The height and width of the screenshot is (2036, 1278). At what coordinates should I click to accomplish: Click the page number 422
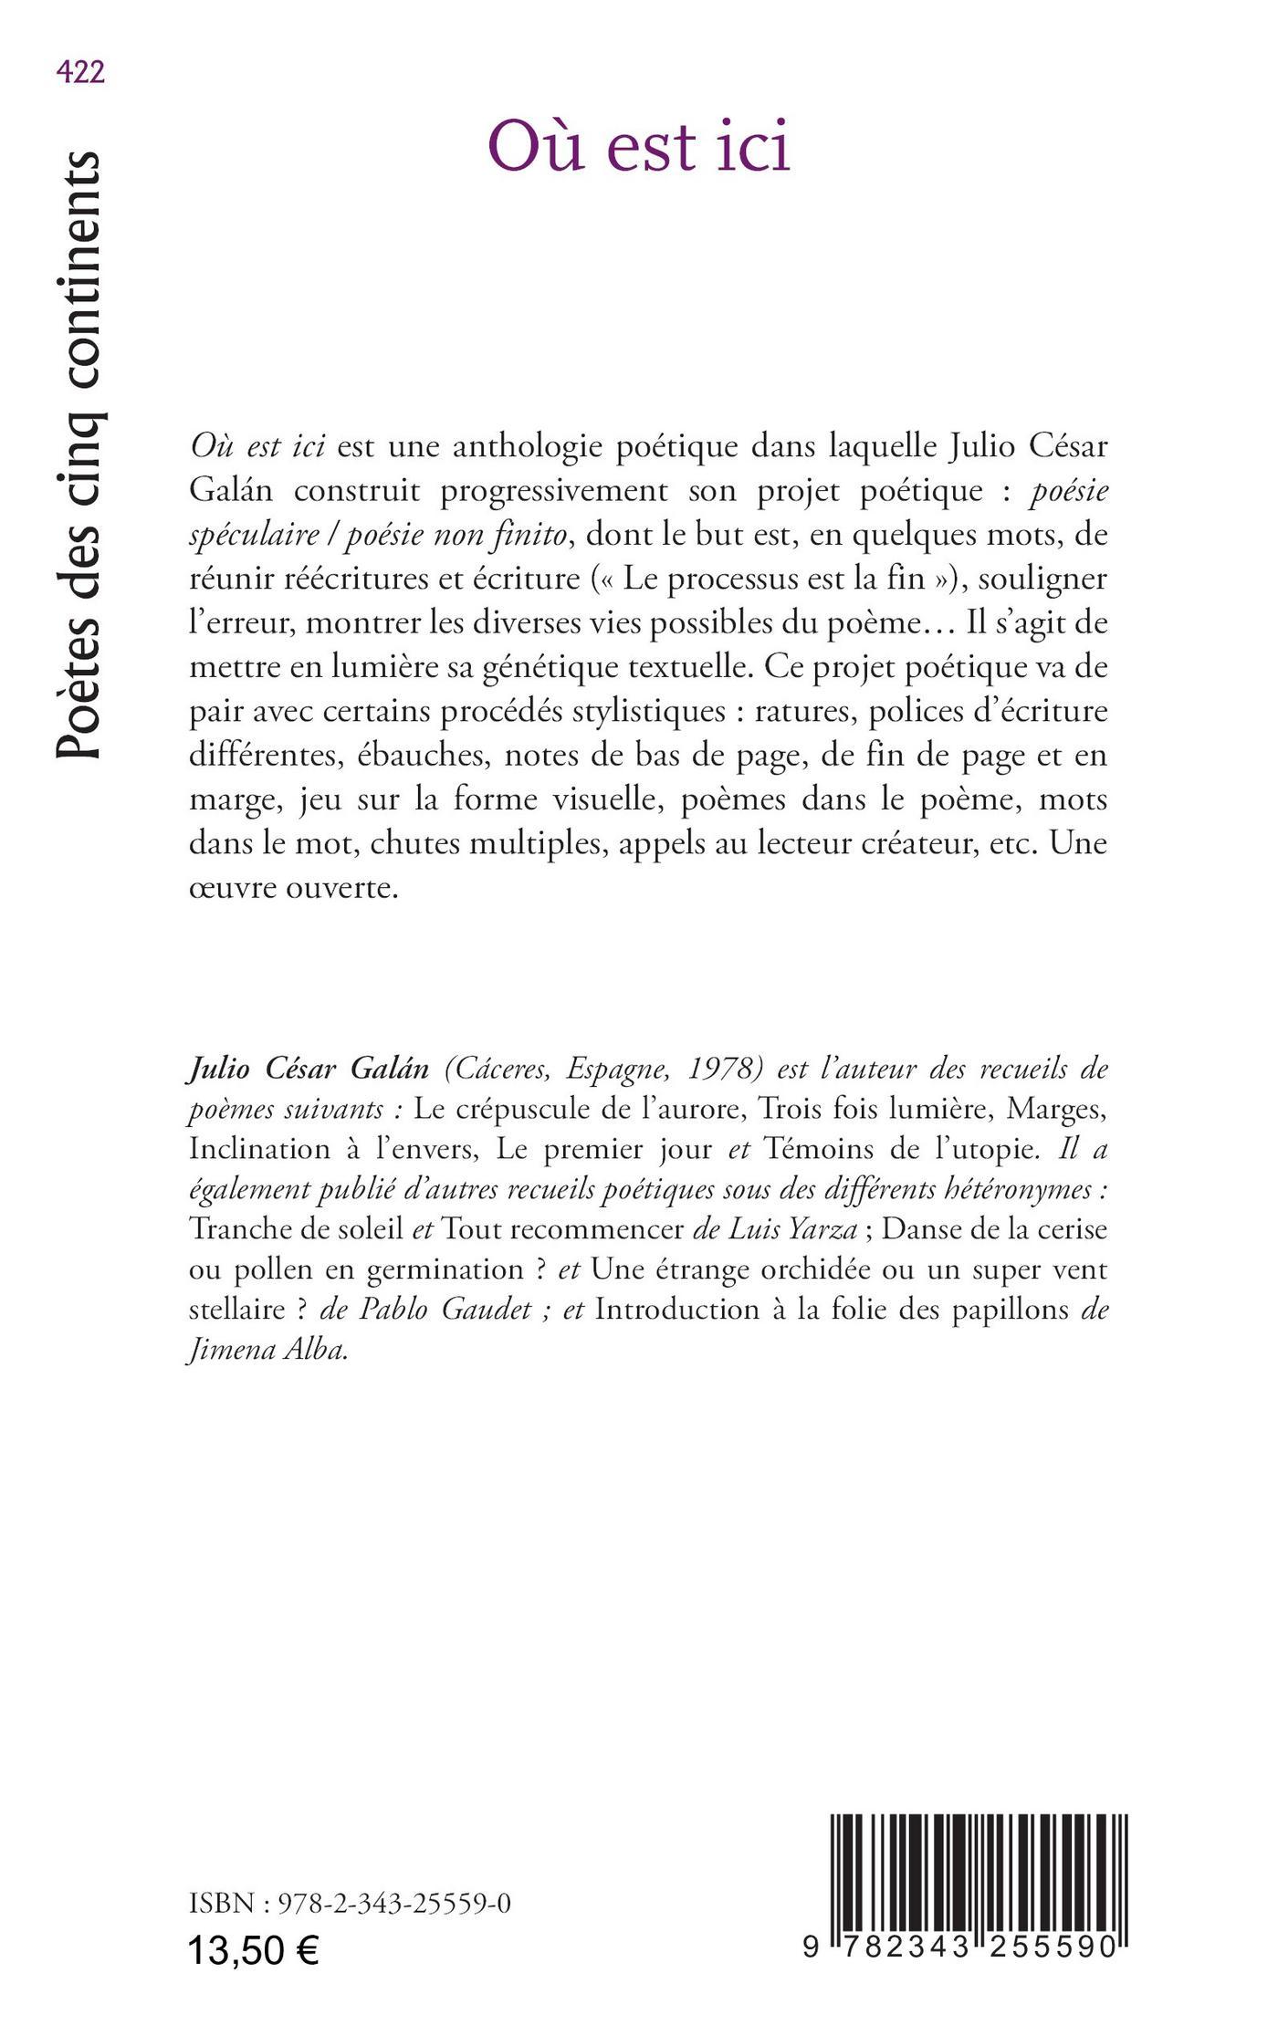80,72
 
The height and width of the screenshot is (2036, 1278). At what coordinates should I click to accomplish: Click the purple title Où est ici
638,146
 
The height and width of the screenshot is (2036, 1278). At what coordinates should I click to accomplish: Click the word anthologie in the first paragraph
530,448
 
